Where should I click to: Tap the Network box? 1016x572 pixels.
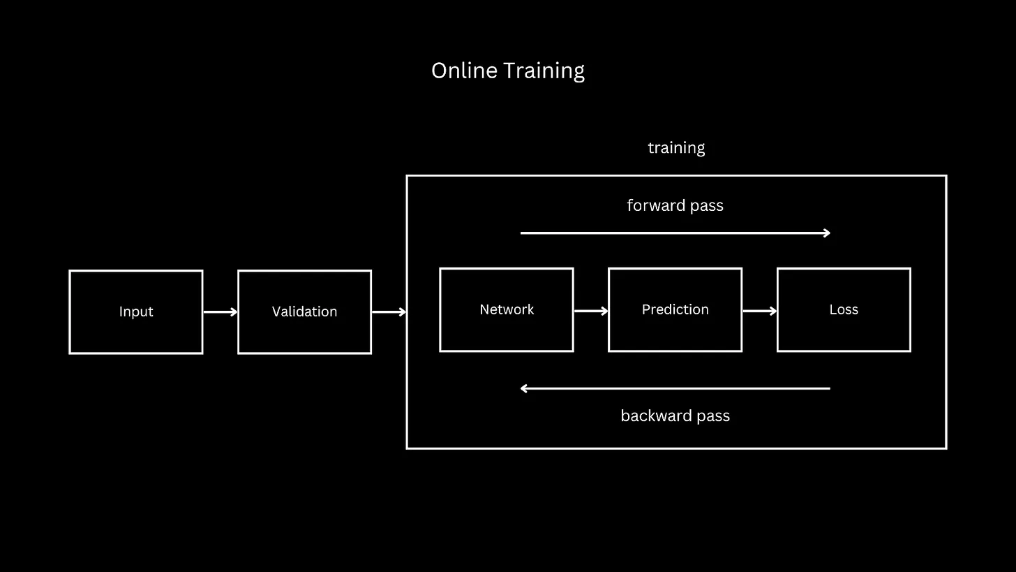tap(507, 328)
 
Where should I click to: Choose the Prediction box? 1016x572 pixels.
tap(675, 328)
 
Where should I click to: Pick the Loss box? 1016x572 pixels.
tap(844, 328)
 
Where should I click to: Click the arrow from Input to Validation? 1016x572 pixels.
tap(220, 312)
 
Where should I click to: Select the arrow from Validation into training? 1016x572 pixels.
tap(389, 312)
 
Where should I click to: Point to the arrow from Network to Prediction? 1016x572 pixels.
tap(590, 310)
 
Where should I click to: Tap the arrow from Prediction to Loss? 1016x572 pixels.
tap(759, 310)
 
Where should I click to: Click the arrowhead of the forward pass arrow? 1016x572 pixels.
tap(827, 233)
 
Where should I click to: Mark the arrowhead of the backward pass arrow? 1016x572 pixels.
tap(524, 388)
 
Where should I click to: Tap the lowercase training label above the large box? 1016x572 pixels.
tap(676, 148)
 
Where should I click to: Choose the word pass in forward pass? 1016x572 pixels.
tap(706, 206)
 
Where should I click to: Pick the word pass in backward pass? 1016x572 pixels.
tap(712, 416)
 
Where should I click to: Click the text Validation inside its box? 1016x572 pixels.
tap(304, 311)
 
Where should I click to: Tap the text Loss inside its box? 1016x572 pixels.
tap(844, 309)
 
